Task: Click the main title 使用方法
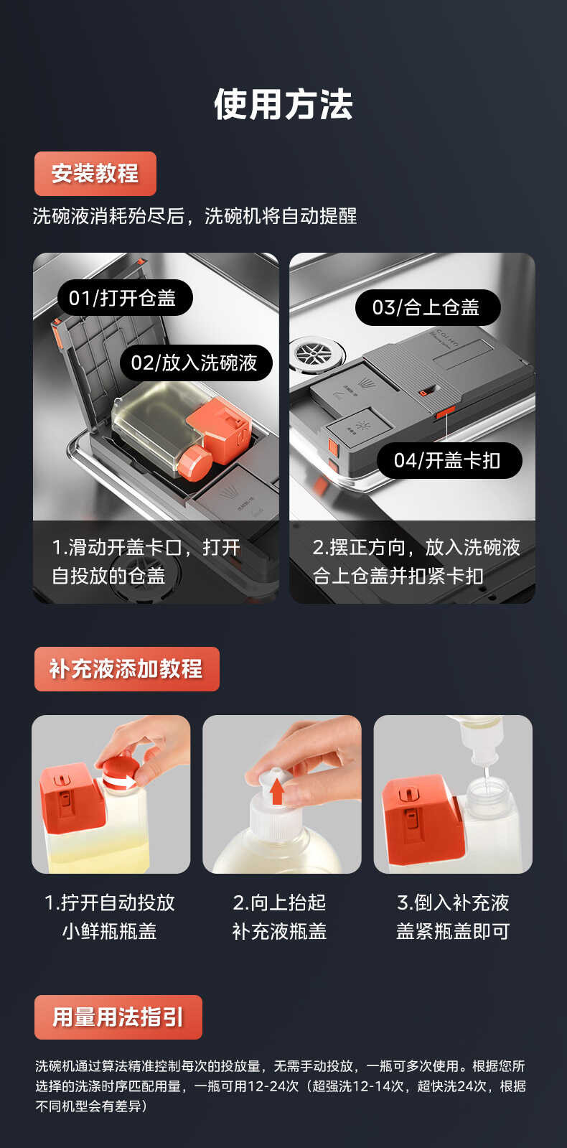283,105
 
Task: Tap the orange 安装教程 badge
95,173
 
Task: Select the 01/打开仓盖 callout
123,298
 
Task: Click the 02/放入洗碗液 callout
195,363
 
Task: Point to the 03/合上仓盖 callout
426,307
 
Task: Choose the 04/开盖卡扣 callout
447,460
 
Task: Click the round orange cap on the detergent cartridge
194,462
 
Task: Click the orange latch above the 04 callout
445,411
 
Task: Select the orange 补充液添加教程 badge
126,668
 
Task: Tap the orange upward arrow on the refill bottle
277,791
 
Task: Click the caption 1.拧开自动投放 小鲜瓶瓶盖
110,917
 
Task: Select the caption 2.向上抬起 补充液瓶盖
280,917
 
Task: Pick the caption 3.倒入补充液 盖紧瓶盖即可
453,917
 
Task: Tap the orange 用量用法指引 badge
118,1017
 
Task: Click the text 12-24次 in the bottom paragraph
273,1086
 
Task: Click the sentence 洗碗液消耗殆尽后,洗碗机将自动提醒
195,215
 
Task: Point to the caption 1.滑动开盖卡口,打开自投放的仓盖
146,561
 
